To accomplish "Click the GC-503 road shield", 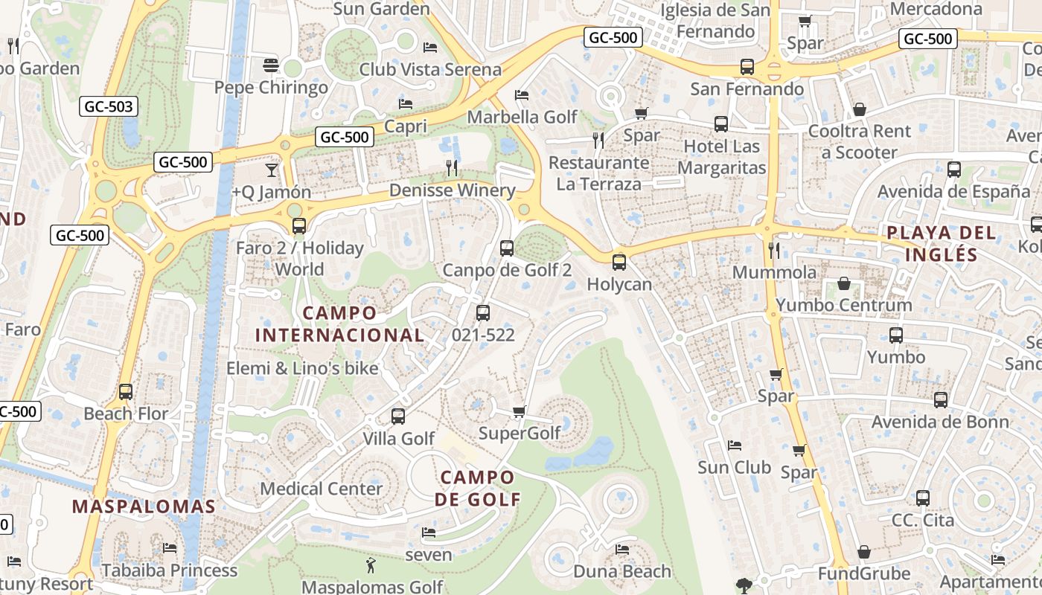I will coord(109,107).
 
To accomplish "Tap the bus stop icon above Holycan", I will coord(619,262).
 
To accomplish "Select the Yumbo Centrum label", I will coord(843,305).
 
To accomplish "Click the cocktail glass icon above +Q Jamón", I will coord(271,170).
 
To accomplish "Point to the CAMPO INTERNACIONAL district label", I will coord(339,324).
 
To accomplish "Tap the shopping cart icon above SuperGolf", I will coord(520,411).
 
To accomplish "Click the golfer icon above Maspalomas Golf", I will coord(371,566).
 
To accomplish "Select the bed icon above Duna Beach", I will coord(622,550).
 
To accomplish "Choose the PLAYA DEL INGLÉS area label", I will coord(941,243).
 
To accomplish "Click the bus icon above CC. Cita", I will coord(923,498).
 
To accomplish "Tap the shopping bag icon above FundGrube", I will coord(863,552).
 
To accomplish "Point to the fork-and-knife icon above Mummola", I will coord(774,250).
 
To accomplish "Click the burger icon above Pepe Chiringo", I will coord(271,65).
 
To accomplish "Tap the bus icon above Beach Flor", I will coord(126,391).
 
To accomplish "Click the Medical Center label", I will coord(321,489).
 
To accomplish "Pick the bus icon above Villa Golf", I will coord(398,416).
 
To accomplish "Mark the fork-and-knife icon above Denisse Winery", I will coord(452,168).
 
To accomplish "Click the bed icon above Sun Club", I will coord(734,446).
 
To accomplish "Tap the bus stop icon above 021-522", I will coord(483,313).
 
